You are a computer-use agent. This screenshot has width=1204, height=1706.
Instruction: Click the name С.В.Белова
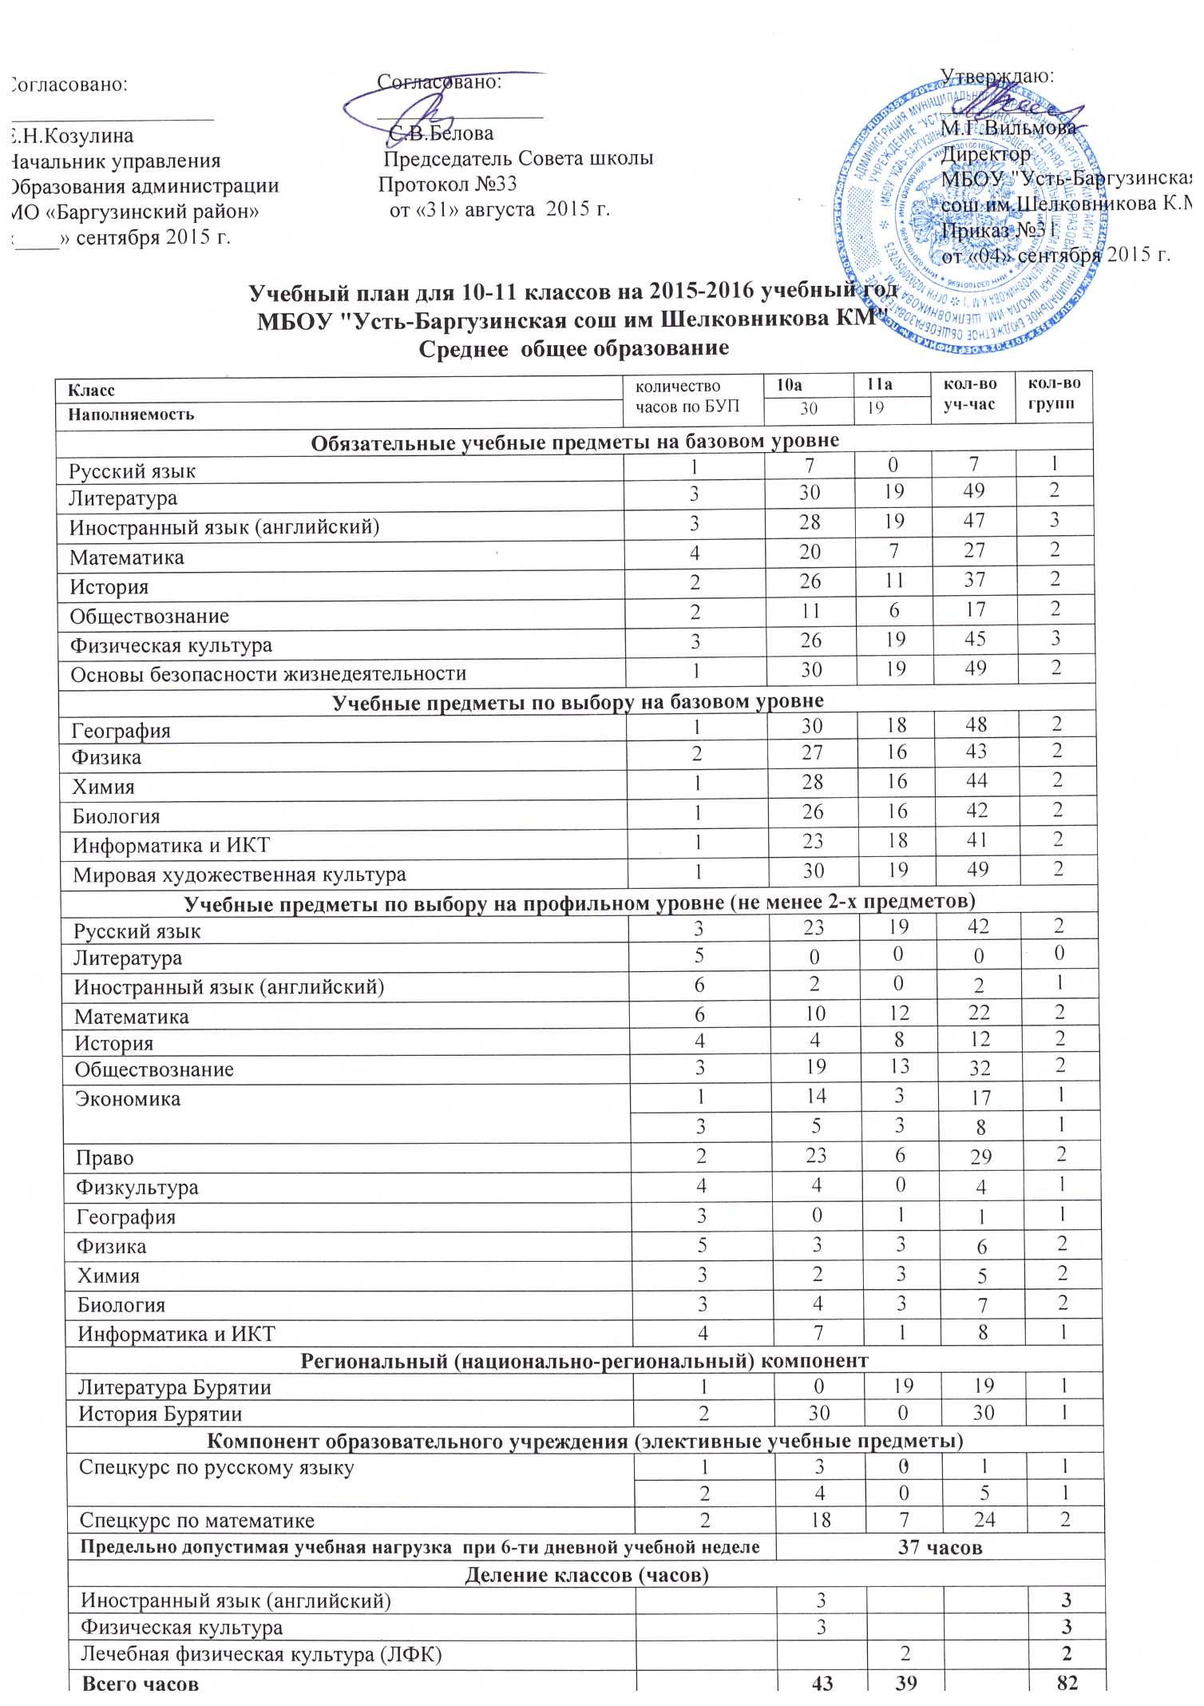442,133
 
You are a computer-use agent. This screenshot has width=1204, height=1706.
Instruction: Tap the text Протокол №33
448,184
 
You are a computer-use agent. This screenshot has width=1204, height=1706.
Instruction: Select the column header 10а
790,385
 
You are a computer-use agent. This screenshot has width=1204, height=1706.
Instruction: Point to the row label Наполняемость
131,415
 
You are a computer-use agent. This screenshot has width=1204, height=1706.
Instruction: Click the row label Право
105,1159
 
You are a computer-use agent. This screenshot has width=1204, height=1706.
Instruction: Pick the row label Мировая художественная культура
240,875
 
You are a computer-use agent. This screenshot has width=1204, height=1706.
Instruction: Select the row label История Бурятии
160,1414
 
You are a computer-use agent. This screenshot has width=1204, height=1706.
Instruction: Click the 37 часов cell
940,1547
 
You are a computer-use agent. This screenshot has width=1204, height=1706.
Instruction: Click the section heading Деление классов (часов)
587,1574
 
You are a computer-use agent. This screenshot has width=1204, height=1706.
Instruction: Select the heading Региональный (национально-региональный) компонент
584,1360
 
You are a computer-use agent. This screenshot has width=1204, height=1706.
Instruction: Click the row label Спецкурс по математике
196,1520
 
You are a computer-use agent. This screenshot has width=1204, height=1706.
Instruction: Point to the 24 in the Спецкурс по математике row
984,1519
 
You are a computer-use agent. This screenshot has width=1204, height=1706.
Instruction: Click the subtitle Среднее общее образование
574,349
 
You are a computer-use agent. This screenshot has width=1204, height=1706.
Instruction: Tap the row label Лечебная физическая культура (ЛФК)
261,1655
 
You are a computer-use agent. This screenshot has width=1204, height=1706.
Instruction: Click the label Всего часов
141,1684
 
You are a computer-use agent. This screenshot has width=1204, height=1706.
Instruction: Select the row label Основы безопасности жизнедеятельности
268,674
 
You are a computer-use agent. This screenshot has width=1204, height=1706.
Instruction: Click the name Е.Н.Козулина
72,136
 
